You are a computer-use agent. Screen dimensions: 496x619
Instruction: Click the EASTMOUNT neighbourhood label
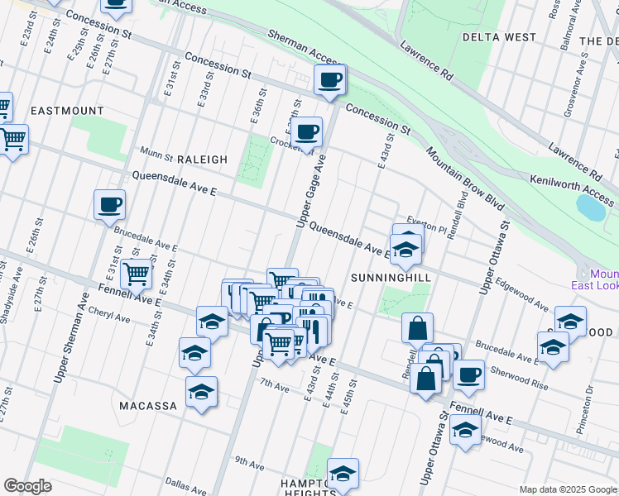coord(67,111)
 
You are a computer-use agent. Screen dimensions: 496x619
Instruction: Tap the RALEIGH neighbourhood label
coord(198,160)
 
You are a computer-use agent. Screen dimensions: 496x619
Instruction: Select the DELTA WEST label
coord(499,37)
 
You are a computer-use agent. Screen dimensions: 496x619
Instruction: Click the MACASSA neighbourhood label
coord(148,406)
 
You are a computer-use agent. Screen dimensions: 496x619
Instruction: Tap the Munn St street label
coord(156,154)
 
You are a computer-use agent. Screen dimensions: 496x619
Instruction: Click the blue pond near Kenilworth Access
coord(592,207)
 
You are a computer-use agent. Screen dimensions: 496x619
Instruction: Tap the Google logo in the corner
coord(27,486)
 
